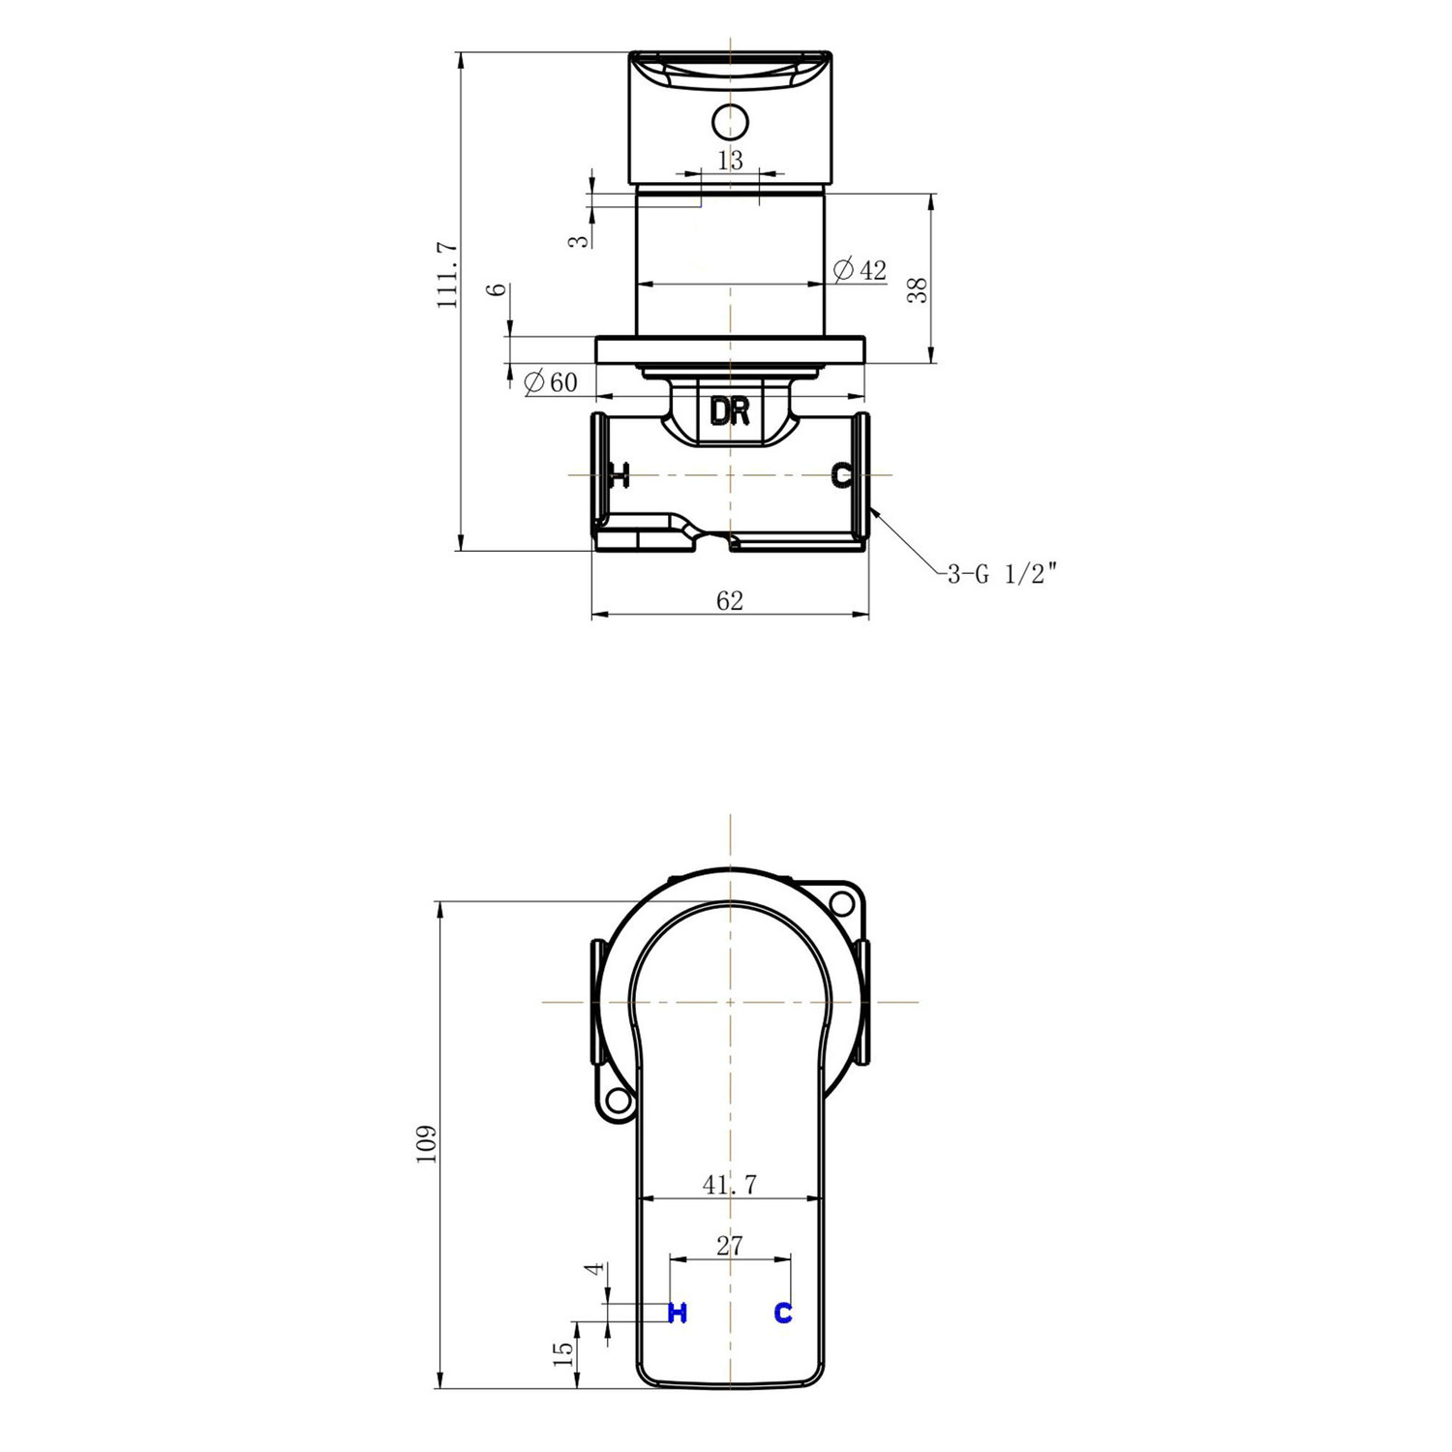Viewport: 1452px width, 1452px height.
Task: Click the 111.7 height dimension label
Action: click(447, 276)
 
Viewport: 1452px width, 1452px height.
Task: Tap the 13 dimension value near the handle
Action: click(731, 161)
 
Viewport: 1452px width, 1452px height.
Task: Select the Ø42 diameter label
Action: click(861, 270)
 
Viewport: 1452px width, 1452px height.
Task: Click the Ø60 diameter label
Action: click(550, 382)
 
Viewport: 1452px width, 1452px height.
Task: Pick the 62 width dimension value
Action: click(730, 601)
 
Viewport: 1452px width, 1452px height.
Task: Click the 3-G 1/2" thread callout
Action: click(1002, 574)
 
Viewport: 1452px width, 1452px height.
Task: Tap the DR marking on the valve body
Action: click(730, 412)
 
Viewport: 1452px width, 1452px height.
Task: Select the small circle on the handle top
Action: click(730, 122)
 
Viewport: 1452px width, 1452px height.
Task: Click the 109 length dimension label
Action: click(427, 1144)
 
